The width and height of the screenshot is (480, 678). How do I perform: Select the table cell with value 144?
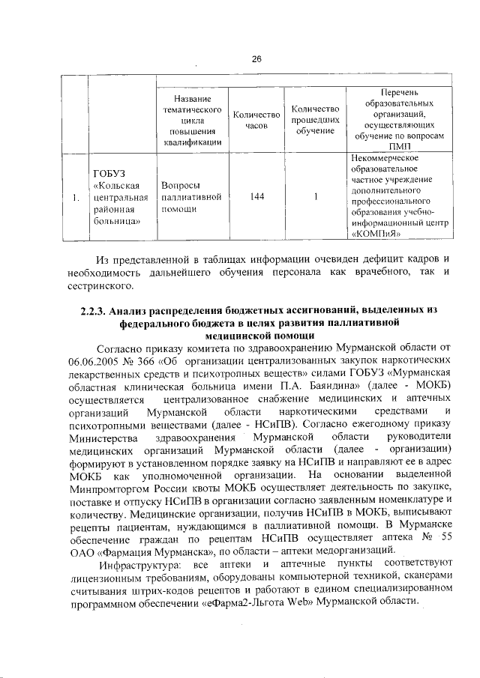click(x=256, y=198)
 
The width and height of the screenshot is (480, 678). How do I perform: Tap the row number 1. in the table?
click(x=75, y=198)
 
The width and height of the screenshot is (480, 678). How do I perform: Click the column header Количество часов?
click(x=256, y=121)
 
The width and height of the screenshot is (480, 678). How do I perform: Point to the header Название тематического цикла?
click(x=190, y=121)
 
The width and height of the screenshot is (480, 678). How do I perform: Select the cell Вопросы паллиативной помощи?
click(x=190, y=198)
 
